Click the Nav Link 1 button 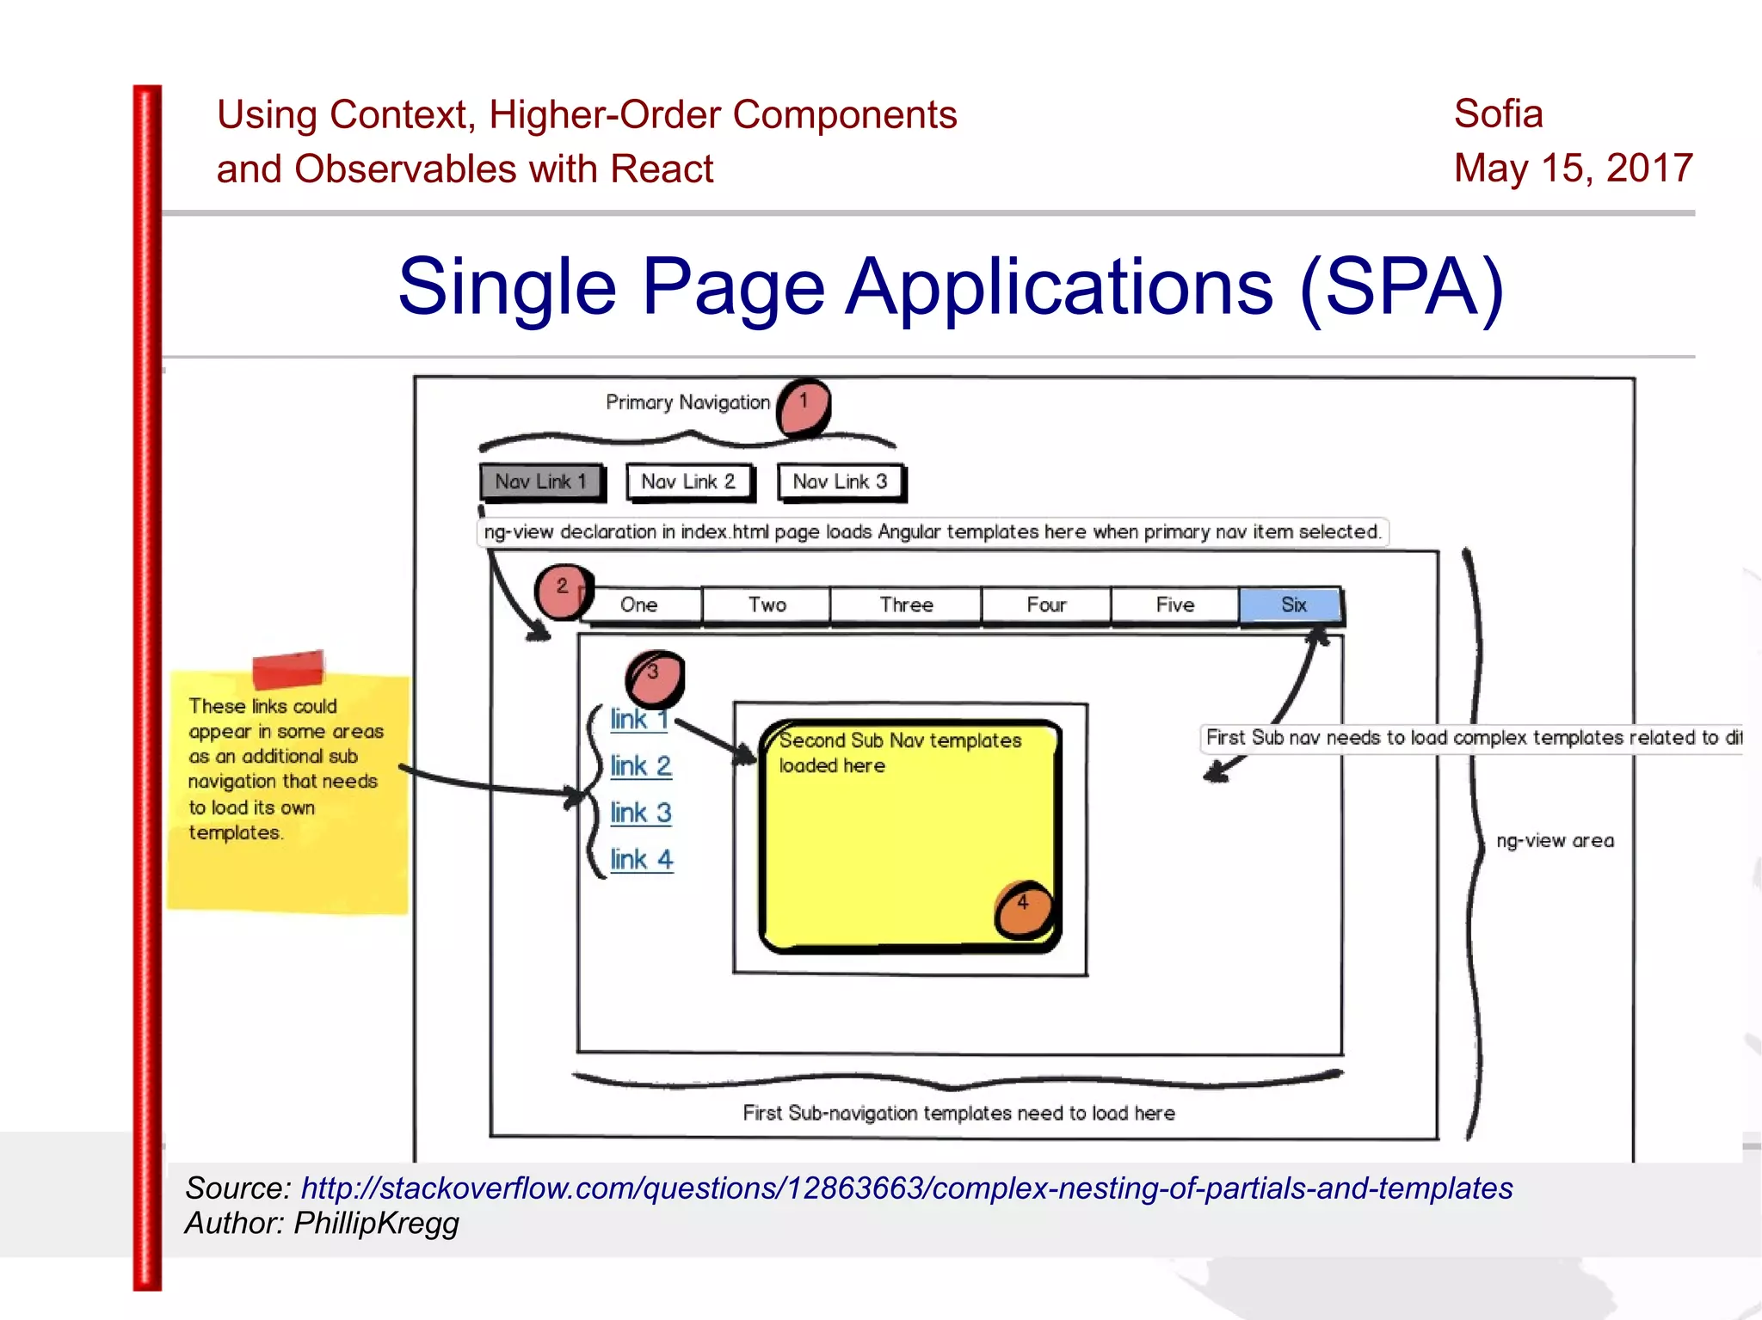click(541, 482)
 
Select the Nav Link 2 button click(689, 482)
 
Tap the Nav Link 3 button click(841, 482)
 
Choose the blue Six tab click(1291, 605)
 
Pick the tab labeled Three click(906, 605)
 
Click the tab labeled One click(639, 605)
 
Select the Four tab click(1046, 605)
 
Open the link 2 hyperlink click(640, 765)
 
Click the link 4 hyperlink click(641, 859)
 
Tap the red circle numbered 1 click(804, 407)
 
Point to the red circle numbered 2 click(562, 591)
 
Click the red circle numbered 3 click(656, 677)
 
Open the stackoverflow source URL click(906, 1188)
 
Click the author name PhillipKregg click(376, 1223)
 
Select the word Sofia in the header click(1498, 114)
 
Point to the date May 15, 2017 click(1573, 168)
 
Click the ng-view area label click(1555, 840)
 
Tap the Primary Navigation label click(687, 402)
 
